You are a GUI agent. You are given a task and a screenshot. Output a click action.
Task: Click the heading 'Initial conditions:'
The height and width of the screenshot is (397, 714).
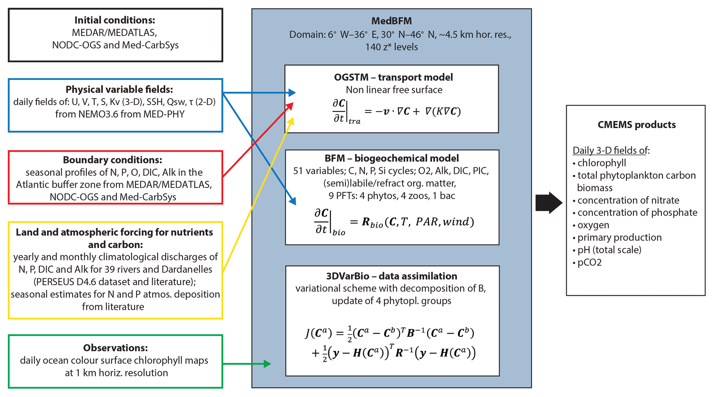115,20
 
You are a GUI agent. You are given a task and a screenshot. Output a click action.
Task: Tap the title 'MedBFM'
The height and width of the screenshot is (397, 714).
391,21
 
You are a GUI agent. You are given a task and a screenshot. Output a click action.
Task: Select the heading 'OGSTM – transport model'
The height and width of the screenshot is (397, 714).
393,77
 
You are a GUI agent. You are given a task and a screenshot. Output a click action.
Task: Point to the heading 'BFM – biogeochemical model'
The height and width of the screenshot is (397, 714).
392,158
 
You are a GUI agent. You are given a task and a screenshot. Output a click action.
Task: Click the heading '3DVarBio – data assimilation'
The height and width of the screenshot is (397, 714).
391,276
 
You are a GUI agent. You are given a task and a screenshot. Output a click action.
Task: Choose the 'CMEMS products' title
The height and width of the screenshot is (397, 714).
636,125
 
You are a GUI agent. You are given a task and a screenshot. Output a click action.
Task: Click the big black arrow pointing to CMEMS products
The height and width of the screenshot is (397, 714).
549,202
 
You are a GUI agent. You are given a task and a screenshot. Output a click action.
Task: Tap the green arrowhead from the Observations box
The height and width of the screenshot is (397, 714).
267,363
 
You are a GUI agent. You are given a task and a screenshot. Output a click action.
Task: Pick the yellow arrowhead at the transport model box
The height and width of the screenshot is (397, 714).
291,121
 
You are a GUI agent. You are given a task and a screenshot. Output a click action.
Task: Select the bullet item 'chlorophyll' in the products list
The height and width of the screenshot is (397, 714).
601,163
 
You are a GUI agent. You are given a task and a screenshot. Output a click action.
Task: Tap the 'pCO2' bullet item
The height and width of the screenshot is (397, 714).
589,263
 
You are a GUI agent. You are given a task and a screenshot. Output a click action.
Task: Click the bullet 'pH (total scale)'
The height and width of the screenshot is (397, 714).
609,250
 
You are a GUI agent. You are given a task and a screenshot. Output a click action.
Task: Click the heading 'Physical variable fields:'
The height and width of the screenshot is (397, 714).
119,89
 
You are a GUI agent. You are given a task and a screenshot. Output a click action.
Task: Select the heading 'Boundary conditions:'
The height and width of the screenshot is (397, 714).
112,160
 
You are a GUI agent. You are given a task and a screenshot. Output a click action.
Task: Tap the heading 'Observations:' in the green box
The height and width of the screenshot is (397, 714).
115,348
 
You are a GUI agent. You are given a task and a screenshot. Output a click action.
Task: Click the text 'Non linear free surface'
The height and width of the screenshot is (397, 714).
394,90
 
